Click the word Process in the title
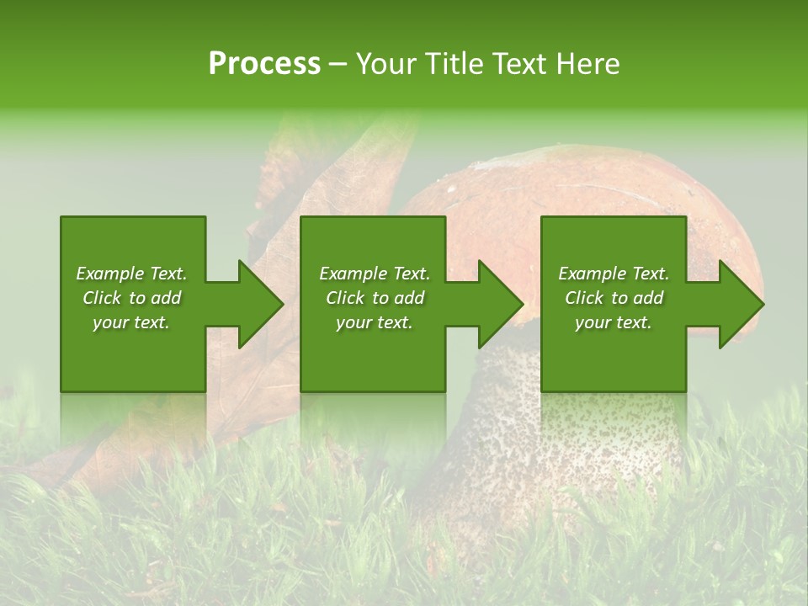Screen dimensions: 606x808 click(264, 64)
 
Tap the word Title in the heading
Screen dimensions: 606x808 click(454, 64)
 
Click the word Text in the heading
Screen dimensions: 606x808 click(518, 64)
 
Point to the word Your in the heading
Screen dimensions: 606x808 click(389, 64)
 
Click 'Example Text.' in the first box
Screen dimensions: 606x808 click(131, 274)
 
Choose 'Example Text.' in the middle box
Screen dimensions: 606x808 click(375, 274)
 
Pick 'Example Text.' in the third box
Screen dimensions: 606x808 click(614, 274)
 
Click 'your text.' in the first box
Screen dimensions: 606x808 click(131, 322)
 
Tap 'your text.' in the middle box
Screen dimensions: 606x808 click(375, 322)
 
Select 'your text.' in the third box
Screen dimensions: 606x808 click(614, 322)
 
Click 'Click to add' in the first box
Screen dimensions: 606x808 click(131, 298)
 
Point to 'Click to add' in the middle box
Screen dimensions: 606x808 click(375, 298)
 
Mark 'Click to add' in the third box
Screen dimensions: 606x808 click(614, 298)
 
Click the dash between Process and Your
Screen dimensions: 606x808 click(338, 65)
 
